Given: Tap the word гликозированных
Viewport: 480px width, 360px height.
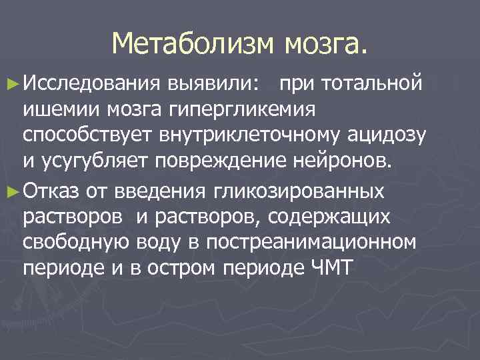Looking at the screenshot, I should [x=298, y=192].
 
